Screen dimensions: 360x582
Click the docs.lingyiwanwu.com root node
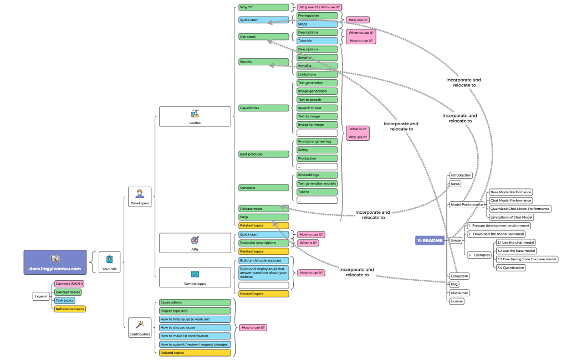(55, 263)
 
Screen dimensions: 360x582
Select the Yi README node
(430, 240)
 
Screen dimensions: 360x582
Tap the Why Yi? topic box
(264, 7)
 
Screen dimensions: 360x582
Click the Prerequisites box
(317, 16)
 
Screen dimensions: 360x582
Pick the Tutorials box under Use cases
(317, 40)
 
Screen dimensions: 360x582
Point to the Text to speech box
(317, 100)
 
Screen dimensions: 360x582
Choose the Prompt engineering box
(317, 141)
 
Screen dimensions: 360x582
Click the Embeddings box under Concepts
(317, 175)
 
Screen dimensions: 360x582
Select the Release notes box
(264, 208)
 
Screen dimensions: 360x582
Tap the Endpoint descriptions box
(264, 243)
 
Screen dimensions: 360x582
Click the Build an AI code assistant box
(264, 260)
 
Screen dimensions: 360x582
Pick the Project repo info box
(194, 311)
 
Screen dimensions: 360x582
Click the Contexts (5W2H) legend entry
(69, 284)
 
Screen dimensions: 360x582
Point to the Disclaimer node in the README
(460, 292)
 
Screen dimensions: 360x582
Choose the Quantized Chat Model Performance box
(520, 209)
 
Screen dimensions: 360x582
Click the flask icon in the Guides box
(195, 113)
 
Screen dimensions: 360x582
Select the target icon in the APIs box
(195, 240)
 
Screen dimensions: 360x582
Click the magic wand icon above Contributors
(139, 324)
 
